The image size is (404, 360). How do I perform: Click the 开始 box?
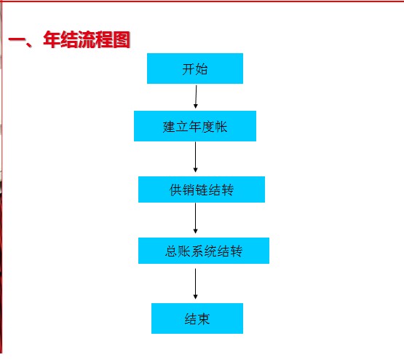tap(195, 69)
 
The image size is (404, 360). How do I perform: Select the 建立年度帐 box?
tap(195, 126)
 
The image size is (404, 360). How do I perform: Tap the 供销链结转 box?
tap(202, 189)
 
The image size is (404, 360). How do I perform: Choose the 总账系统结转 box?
tap(204, 251)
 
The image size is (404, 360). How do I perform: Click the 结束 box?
tap(197, 318)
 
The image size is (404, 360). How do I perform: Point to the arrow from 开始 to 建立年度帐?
tap(196, 97)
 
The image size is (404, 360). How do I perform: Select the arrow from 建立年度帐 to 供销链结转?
tap(195, 157)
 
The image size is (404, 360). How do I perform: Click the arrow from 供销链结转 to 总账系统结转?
tap(195, 218)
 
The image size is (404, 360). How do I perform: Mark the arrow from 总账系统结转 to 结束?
tap(195, 283)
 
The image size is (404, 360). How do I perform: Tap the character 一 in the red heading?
tap(17, 40)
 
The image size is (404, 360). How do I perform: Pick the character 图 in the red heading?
tap(122, 39)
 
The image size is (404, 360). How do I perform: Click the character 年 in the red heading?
tap(52, 39)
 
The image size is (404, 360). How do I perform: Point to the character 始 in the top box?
tap(201, 69)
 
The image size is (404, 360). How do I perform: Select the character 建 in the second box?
tap(169, 127)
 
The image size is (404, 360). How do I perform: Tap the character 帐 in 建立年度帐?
tap(221, 127)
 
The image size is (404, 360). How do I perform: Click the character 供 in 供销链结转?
tap(175, 190)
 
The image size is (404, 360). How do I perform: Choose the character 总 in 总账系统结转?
tap(171, 251)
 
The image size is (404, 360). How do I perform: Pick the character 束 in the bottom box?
tap(204, 319)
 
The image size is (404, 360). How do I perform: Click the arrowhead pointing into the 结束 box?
tap(195, 297)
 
